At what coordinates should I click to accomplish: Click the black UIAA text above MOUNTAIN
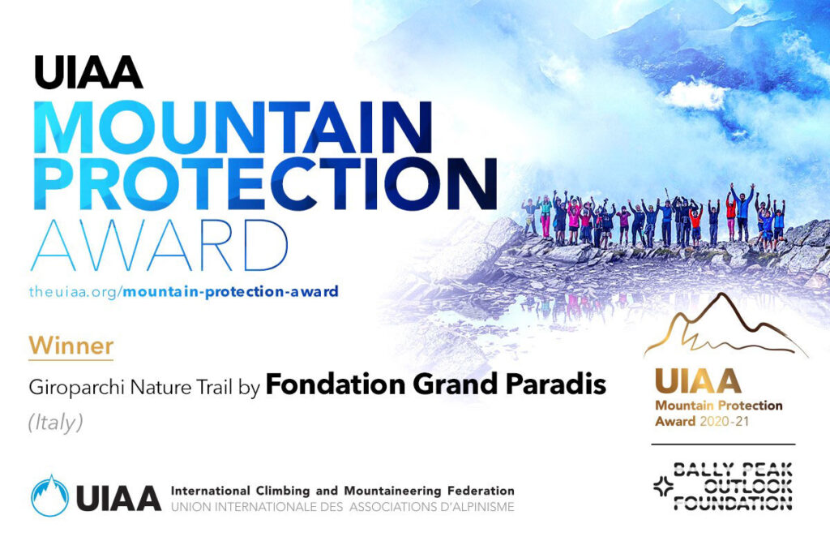tap(88, 72)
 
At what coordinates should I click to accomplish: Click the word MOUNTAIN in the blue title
tap(233, 127)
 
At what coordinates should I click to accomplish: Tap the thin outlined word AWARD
tap(160, 245)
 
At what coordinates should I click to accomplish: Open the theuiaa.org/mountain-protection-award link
tap(184, 291)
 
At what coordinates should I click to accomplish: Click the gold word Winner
tap(71, 346)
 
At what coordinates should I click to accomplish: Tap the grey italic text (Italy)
tap(56, 423)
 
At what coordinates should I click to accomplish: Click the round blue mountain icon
tap(49, 496)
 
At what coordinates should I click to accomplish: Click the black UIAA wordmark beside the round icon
tap(118, 498)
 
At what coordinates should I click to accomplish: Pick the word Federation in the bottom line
tap(481, 491)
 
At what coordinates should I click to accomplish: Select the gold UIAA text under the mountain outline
tap(698, 381)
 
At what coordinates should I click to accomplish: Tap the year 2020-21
tap(724, 422)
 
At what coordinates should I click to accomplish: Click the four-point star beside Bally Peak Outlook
tap(663, 486)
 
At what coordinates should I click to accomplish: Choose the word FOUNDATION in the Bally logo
tap(733, 502)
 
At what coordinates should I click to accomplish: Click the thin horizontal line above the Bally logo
tap(723, 444)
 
